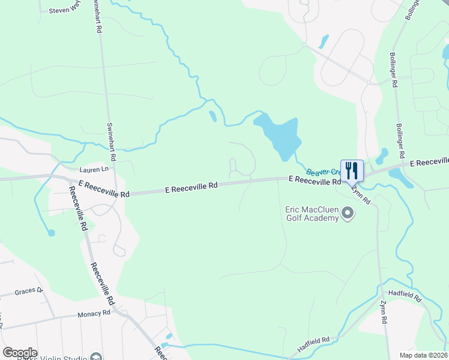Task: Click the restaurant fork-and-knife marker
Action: (352, 170)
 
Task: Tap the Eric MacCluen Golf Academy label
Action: (313, 214)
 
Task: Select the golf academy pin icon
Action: (347, 214)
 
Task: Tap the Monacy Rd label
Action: (94, 314)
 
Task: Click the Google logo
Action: (20, 353)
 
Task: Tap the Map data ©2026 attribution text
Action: (423, 355)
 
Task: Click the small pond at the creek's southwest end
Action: (51, 232)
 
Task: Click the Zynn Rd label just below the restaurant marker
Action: (362, 193)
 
